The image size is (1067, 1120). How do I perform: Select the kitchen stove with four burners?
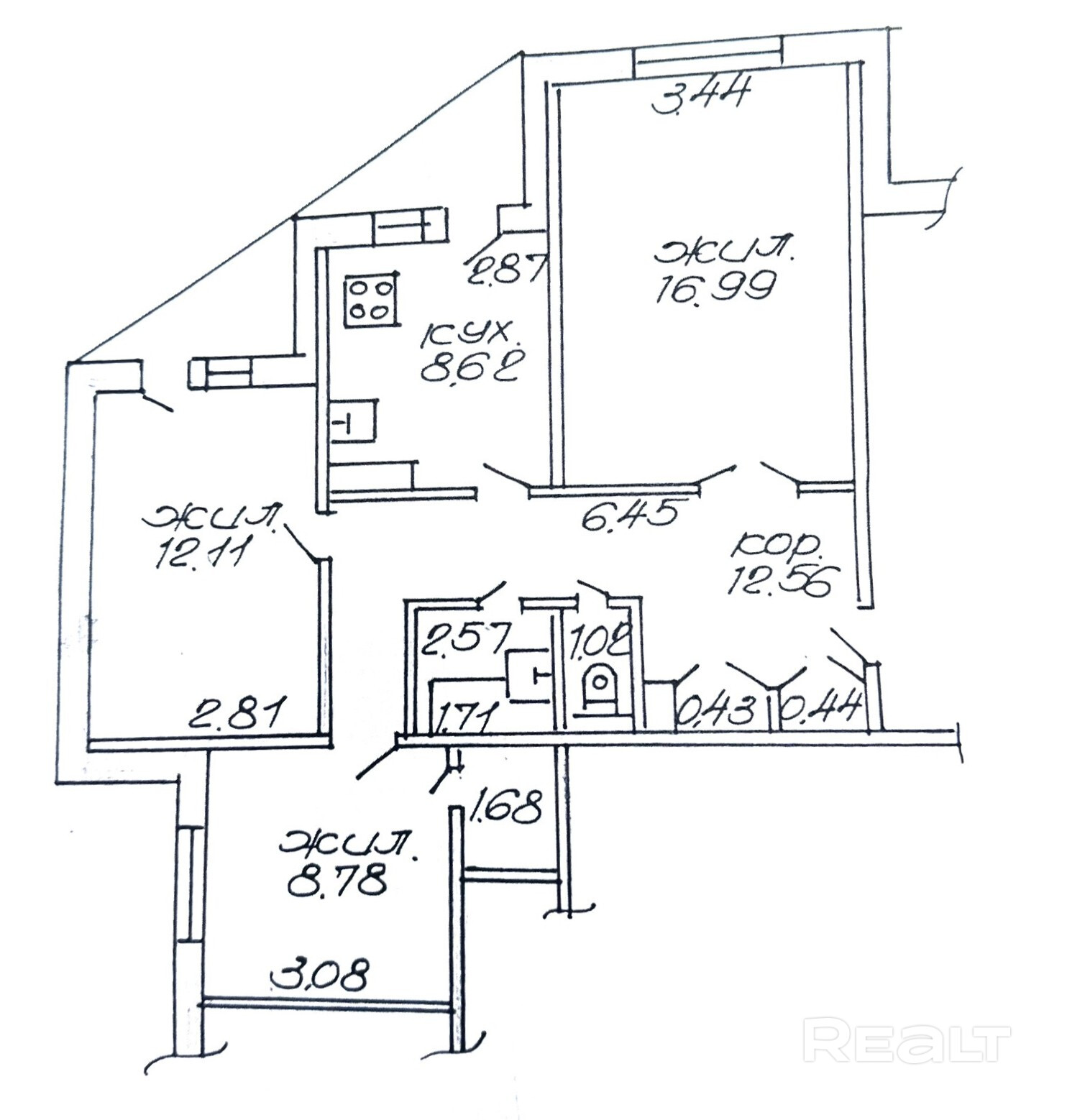pyautogui.click(x=370, y=300)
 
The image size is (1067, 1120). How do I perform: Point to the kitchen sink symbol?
pyautogui.click(x=352, y=422)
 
